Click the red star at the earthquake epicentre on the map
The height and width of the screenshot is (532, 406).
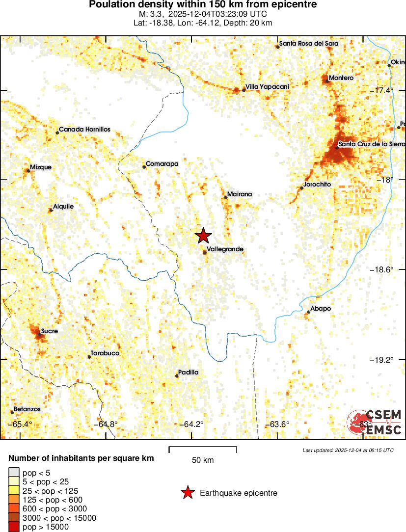click(x=203, y=236)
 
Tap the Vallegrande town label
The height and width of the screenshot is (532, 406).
click(x=225, y=249)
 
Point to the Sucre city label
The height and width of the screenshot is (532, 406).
click(x=49, y=331)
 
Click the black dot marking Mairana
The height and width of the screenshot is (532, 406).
click(x=226, y=197)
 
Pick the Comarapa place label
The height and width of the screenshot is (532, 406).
click(x=162, y=164)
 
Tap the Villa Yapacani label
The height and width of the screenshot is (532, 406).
click(x=267, y=87)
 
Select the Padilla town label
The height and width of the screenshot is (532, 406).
click(x=189, y=372)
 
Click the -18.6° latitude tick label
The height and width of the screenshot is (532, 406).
click(x=381, y=270)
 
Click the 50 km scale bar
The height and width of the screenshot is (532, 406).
click(x=203, y=450)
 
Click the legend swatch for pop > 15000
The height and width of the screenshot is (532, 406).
click(x=14, y=527)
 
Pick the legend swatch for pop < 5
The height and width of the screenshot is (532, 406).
click(x=14, y=473)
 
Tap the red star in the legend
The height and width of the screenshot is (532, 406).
click(x=187, y=493)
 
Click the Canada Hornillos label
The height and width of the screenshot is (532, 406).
click(x=84, y=130)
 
